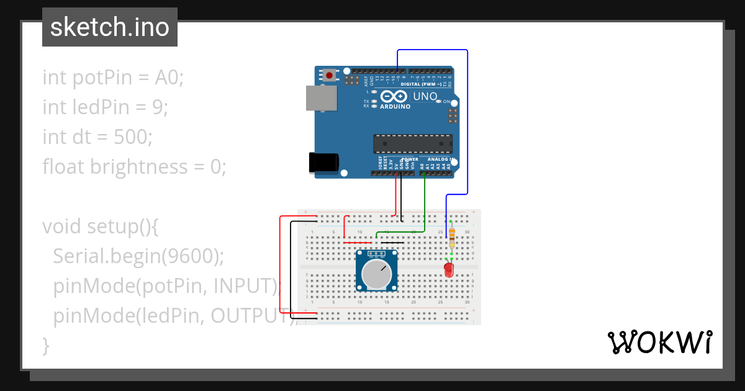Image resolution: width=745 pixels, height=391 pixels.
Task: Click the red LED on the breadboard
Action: (448, 270)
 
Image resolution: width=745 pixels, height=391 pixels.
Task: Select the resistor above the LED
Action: (451, 236)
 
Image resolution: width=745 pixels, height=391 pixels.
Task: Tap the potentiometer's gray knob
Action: (377, 275)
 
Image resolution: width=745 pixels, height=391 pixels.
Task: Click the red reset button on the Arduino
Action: (329, 75)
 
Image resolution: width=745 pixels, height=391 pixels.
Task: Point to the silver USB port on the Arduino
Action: (321, 99)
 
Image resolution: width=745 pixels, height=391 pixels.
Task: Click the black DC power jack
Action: (323, 163)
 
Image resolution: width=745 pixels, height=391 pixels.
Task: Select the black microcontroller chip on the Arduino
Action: (412, 143)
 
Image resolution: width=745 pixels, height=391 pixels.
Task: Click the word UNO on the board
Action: (425, 97)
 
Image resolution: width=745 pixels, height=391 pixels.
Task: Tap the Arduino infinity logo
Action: (394, 97)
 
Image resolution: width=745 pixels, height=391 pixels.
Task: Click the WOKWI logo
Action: (659, 342)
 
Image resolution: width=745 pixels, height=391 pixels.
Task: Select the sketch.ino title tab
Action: (110, 27)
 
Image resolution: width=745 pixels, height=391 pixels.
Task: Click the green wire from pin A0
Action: (424, 205)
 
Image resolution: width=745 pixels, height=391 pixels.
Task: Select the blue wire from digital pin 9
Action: (467, 124)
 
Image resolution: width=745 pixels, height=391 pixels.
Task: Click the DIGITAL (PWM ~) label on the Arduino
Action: (422, 84)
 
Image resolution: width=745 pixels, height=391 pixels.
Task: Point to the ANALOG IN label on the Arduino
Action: (441, 159)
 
